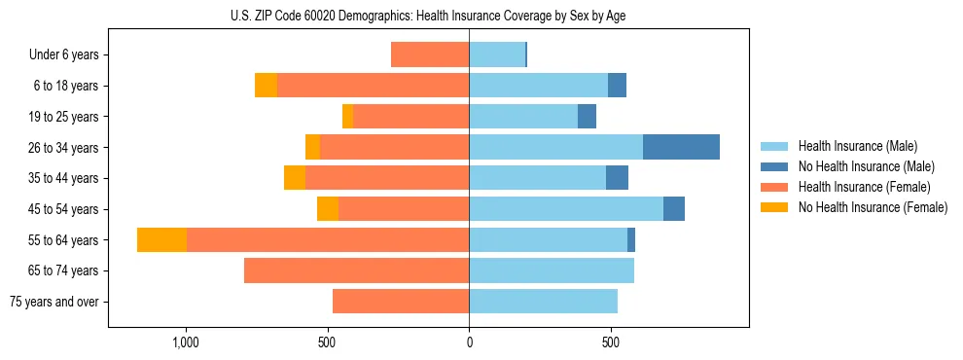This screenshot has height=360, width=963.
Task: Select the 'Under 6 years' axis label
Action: [x=64, y=54]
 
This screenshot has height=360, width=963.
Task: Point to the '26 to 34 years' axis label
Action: [x=63, y=147]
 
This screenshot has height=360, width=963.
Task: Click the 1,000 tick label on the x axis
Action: [x=186, y=343]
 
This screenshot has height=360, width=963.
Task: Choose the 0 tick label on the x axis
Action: [x=469, y=343]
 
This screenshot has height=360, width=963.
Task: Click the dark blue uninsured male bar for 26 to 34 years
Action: [x=681, y=147]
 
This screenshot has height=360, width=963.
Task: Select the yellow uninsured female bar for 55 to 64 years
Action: [x=161, y=239]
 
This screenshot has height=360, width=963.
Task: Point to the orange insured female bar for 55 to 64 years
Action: [x=328, y=239]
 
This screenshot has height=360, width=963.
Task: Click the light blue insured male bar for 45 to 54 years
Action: [x=566, y=208]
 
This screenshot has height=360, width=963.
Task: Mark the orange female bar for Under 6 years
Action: [x=430, y=54]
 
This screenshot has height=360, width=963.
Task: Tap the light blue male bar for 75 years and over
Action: [x=543, y=302]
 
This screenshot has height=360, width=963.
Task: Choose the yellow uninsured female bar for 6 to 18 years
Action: [x=266, y=86]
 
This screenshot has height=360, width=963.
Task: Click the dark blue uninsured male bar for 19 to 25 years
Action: [x=587, y=117]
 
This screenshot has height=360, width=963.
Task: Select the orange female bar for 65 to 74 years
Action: [x=356, y=270]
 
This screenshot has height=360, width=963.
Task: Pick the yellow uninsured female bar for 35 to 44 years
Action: [x=295, y=178]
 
